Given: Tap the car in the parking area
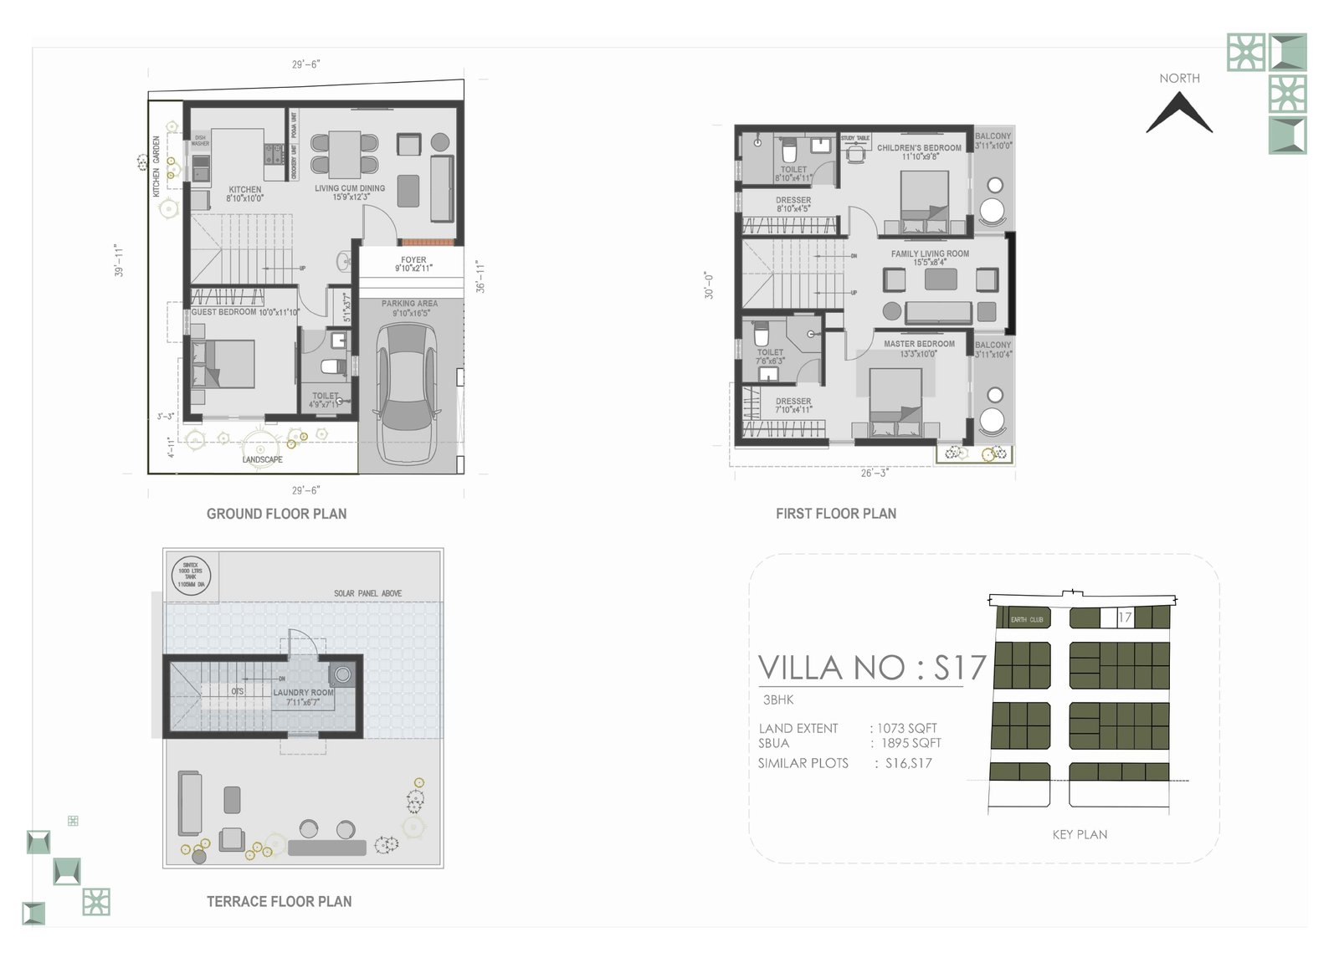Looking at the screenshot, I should pos(408,393).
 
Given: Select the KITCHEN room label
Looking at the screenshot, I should pos(245,190).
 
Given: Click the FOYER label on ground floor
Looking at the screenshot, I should pos(413,260).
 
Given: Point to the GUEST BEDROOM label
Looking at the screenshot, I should pos(223,312).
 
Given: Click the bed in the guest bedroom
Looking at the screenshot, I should pos(223,364).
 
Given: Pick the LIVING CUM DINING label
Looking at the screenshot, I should pos(350,188).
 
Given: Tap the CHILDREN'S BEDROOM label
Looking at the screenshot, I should pos(919,148).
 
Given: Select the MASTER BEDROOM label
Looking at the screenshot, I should pos(919,344).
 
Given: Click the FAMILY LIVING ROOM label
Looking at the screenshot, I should pos(930,254).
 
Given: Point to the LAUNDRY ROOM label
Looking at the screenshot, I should pos(303,693).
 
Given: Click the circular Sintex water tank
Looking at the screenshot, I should pos(191,576).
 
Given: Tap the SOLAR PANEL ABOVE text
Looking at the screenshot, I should pos(367,593).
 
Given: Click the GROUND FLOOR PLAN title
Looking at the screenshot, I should pos(276,514).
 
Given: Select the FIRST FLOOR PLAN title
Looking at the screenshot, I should pos(835,514).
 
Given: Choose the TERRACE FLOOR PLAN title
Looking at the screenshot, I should pos(279,901).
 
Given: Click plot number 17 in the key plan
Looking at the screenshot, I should pos(1125,617).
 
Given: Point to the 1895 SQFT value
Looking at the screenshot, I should pos(911,743).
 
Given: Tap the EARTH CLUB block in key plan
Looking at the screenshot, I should pos(1027,619).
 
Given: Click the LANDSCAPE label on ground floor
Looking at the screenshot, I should pos(262,459).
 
